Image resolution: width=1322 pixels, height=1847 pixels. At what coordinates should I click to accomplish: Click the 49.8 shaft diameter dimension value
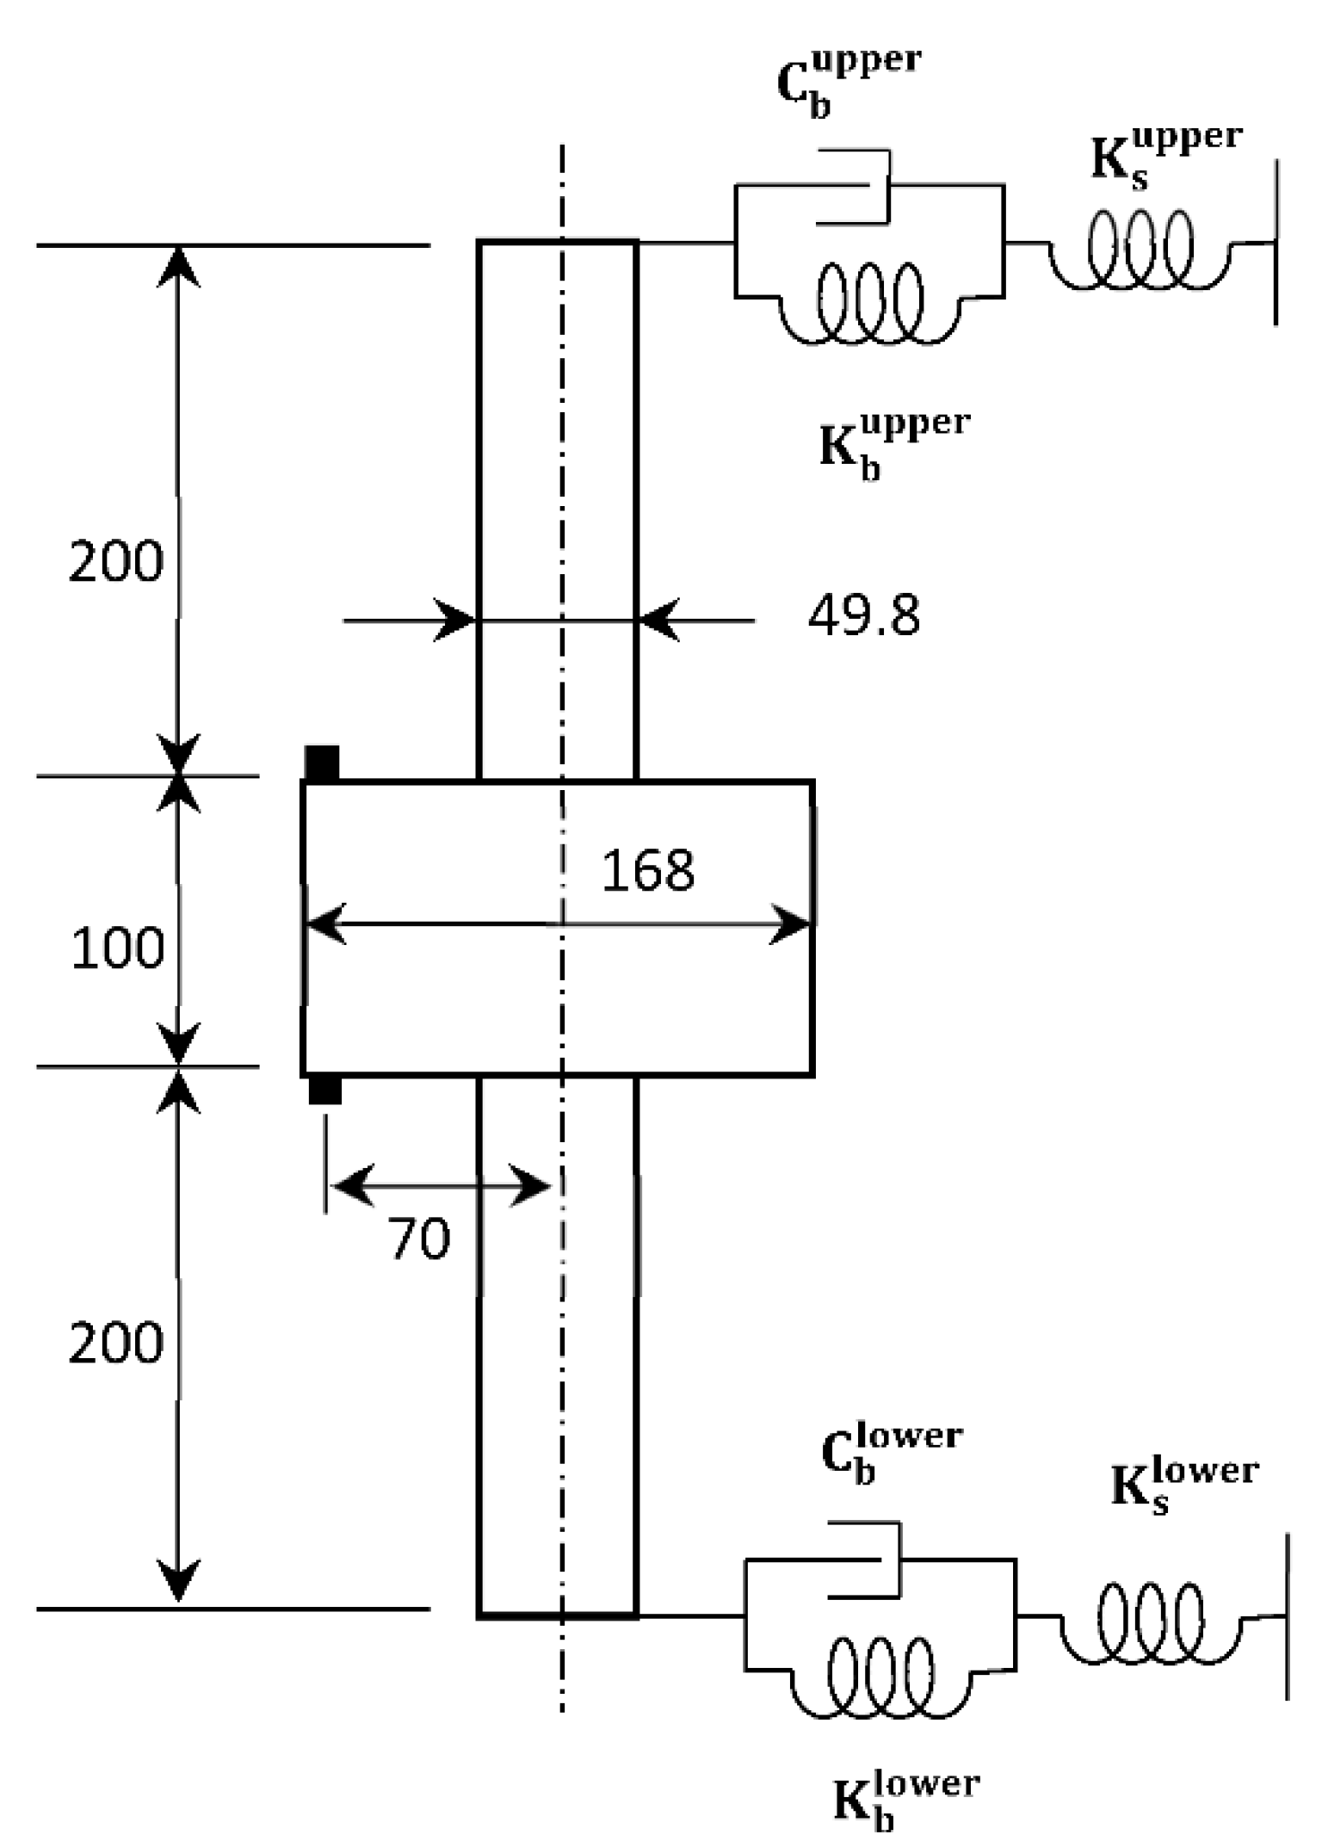click(x=863, y=616)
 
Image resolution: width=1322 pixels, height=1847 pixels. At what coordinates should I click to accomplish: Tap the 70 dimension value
click(x=420, y=1239)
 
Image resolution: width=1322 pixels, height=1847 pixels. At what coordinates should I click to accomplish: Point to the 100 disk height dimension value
click(x=117, y=948)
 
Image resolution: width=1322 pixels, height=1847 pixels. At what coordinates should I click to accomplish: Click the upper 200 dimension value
click(x=115, y=562)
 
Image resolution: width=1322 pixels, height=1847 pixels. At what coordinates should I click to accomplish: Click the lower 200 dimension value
click(x=115, y=1343)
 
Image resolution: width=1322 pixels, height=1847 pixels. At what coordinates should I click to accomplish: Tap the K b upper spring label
click(x=893, y=445)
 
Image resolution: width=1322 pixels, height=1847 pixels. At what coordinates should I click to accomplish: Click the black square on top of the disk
click(x=323, y=763)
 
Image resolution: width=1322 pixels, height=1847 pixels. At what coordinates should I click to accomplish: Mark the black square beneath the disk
click(x=324, y=1090)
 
